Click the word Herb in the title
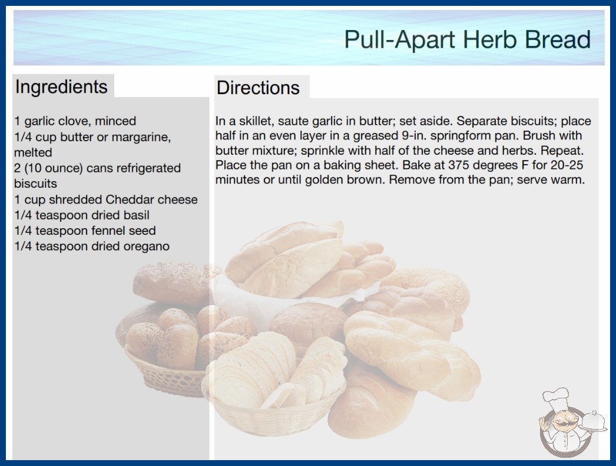pos(489,39)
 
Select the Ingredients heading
pos(61,86)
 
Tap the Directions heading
pos(258,88)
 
